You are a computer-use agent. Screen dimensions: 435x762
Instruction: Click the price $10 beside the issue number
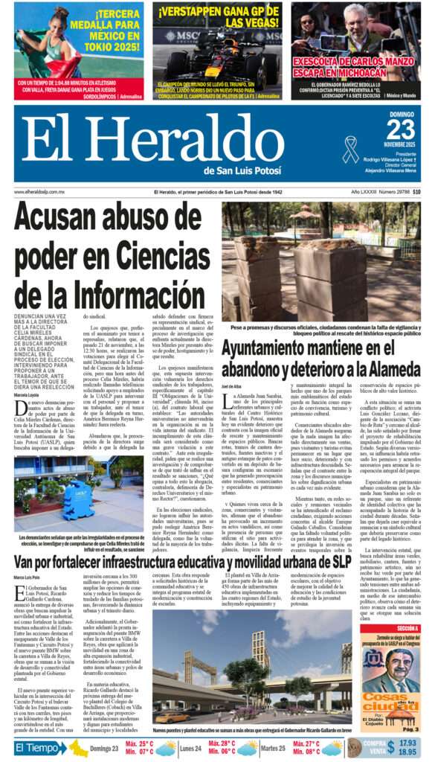(416, 192)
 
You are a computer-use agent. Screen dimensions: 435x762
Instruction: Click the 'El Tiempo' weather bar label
(41, 748)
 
